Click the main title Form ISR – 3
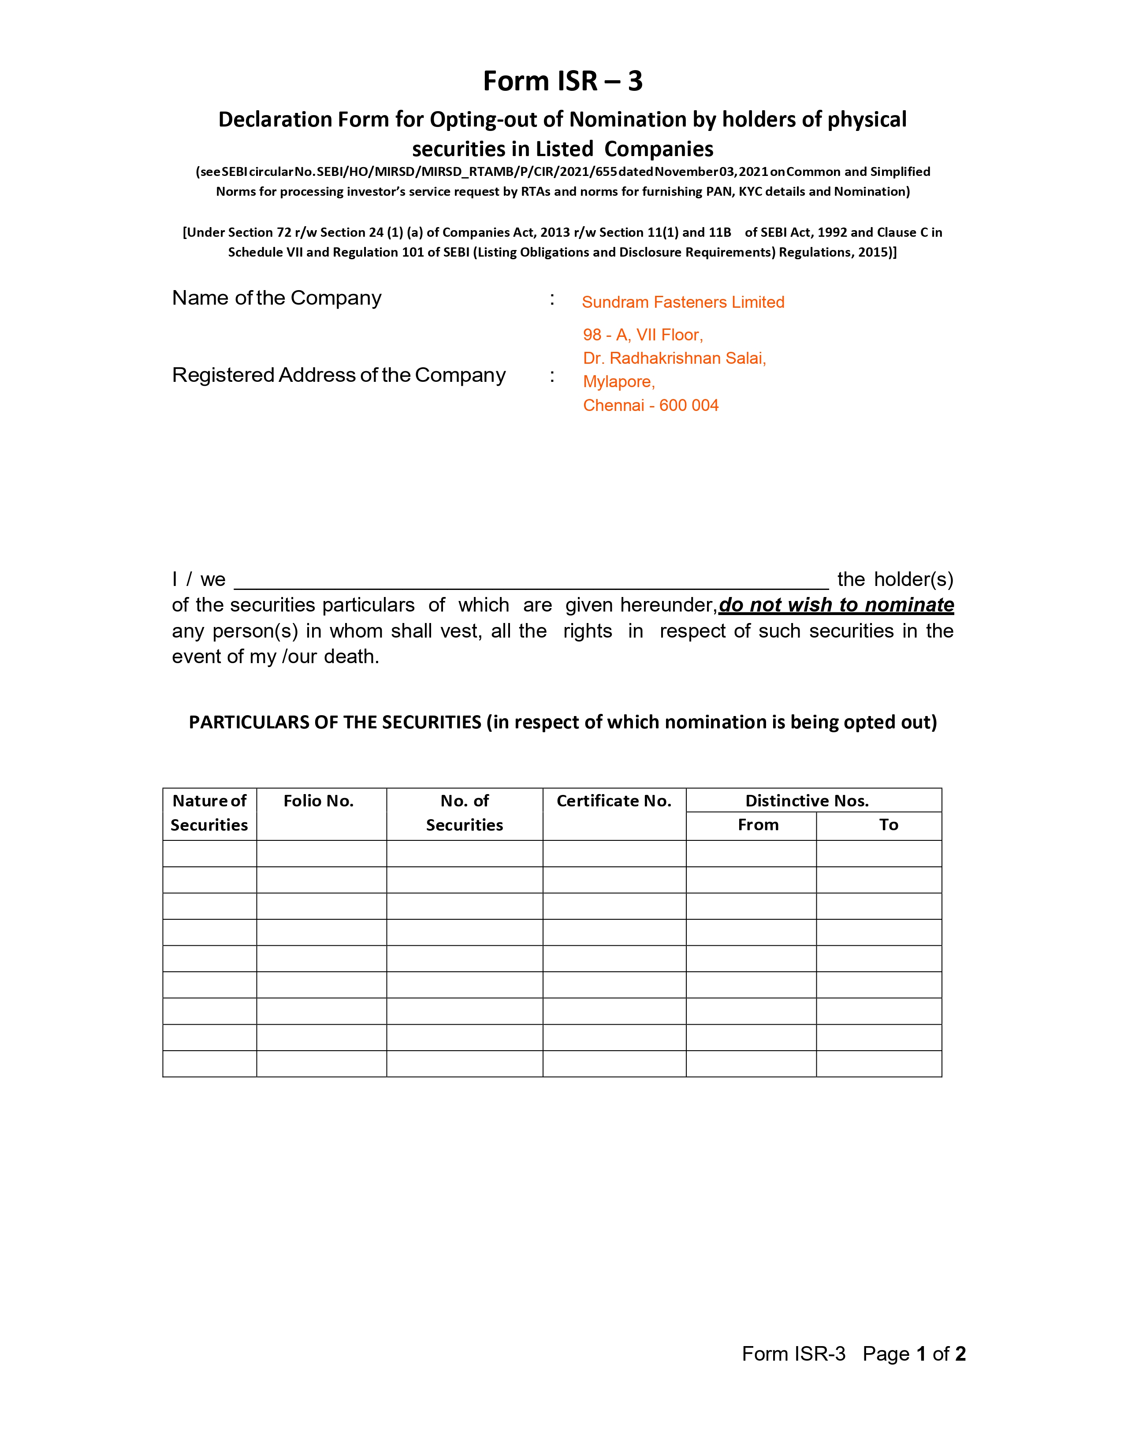pos(563,81)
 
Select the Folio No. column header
pos(318,801)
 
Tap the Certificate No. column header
pos(614,801)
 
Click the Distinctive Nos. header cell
pos(807,801)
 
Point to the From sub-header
pos(758,825)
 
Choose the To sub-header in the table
pos(888,825)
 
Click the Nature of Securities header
pos(209,813)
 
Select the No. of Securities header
pos(464,813)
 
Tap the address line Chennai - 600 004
pos(651,406)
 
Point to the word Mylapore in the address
pos(618,382)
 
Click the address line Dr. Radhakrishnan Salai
pos(674,358)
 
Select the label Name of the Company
pos(276,298)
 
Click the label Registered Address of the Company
pos(338,375)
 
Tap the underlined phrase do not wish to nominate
pos(836,605)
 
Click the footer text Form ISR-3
pos(793,1354)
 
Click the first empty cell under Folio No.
pos(322,854)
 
